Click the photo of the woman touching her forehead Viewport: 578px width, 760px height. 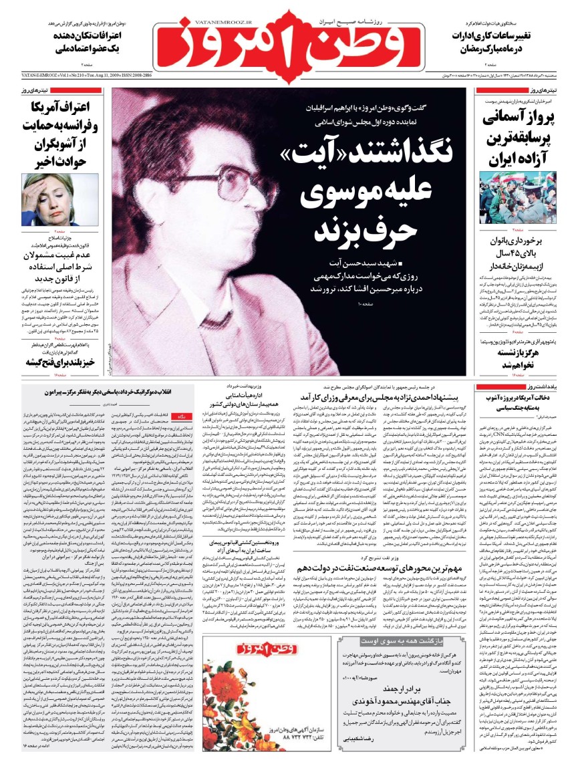[x=47, y=199]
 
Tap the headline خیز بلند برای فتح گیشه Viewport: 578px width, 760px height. [x=57, y=361]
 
